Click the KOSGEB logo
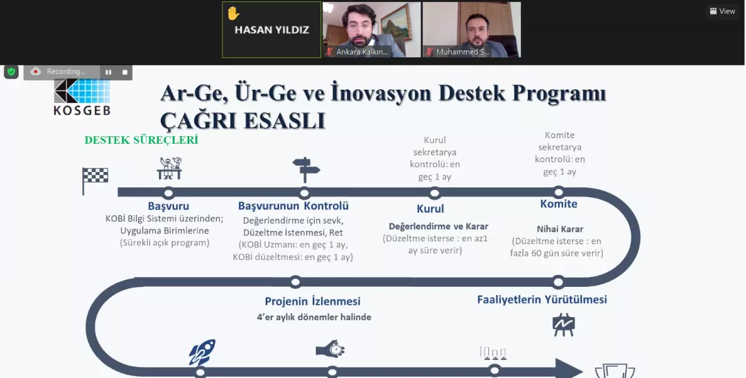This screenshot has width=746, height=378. pyautogui.click(x=82, y=97)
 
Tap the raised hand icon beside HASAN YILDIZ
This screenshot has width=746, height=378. pyautogui.click(x=233, y=13)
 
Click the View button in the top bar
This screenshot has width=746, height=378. pyautogui.click(x=723, y=11)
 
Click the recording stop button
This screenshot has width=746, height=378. pyautogui.click(x=124, y=72)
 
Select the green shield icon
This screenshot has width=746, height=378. pyautogui.click(x=11, y=72)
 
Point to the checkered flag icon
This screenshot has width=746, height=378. pyautogui.click(x=95, y=180)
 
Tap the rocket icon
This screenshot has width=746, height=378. pyautogui.click(x=202, y=352)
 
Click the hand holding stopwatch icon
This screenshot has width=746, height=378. pyautogui.click(x=330, y=350)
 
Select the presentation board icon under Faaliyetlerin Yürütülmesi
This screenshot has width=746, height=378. pyautogui.click(x=564, y=325)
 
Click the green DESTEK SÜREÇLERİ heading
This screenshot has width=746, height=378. pyautogui.click(x=142, y=140)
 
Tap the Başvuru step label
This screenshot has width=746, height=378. pyautogui.click(x=169, y=206)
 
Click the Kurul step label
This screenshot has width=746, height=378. pyautogui.click(x=430, y=209)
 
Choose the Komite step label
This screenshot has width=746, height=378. pyautogui.click(x=559, y=204)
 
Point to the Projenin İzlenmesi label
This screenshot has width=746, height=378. pyautogui.click(x=313, y=301)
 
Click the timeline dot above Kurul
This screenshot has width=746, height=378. pyautogui.click(x=434, y=193)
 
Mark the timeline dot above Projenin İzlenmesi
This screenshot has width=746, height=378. pyautogui.click(x=296, y=282)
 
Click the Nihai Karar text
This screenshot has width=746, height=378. pyautogui.click(x=560, y=229)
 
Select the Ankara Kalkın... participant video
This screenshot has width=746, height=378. pyautogui.click(x=372, y=30)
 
